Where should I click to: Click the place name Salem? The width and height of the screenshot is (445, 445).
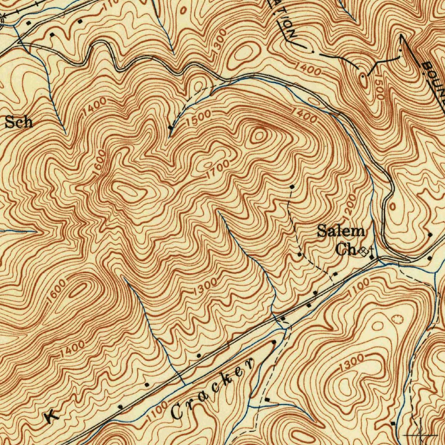click(x=340, y=231)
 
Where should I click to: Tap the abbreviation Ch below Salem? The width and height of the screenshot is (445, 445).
click(x=346, y=250)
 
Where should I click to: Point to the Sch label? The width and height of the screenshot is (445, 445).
click(x=19, y=122)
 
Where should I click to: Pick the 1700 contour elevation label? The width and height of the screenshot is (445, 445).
click(x=217, y=169)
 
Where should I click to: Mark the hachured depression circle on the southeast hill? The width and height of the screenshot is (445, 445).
click(x=397, y=319)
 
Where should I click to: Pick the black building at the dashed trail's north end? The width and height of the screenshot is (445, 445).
click(x=292, y=187)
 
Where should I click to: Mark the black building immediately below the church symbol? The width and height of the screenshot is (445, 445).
click(x=372, y=257)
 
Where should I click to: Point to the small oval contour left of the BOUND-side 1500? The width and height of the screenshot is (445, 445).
click(x=362, y=79)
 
